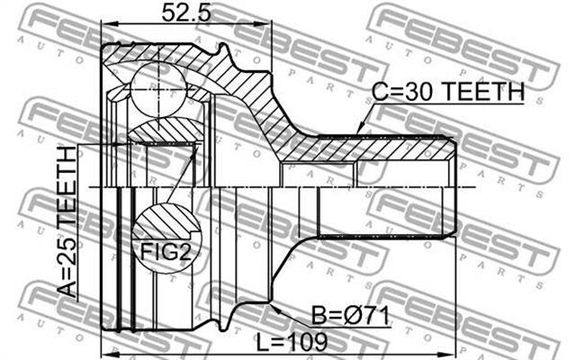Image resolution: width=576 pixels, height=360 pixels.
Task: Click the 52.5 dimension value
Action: pyautogui.click(x=187, y=13)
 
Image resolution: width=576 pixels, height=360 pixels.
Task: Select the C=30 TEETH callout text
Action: pyautogui.click(x=448, y=92)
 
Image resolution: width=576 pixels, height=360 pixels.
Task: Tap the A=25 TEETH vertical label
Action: pyautogui.click(x=67, y=221)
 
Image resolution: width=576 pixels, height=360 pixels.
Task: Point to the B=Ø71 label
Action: pyautogui.click(x=350, y=316)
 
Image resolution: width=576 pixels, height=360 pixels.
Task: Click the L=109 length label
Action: pyautogui.click(x=292, y=342)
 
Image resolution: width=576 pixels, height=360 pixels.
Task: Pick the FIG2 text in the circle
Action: pyautogui.click(x=166, y=252)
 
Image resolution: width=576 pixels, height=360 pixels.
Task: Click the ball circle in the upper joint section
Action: pyautogui.click(x=158, y=89)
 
